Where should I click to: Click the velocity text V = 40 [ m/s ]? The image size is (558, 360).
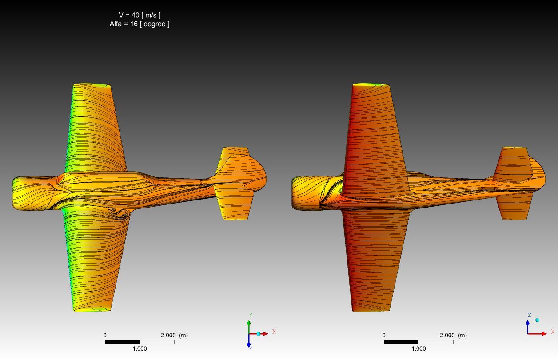pos(139,15)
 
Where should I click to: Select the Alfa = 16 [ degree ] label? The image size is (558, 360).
pos(139,24)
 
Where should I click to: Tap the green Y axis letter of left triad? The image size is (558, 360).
pos(251,315)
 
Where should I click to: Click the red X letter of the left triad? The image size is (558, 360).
pos(274,332)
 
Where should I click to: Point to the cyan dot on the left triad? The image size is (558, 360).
pos(259,334)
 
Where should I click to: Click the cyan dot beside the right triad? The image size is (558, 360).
pos(537,320)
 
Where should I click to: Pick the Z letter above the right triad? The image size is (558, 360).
pos(530,315)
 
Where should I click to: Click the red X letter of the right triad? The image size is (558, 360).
pos(553,332)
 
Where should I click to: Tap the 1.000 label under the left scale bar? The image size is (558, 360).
pos(139,349)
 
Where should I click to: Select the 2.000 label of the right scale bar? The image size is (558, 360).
pos(447,336)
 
